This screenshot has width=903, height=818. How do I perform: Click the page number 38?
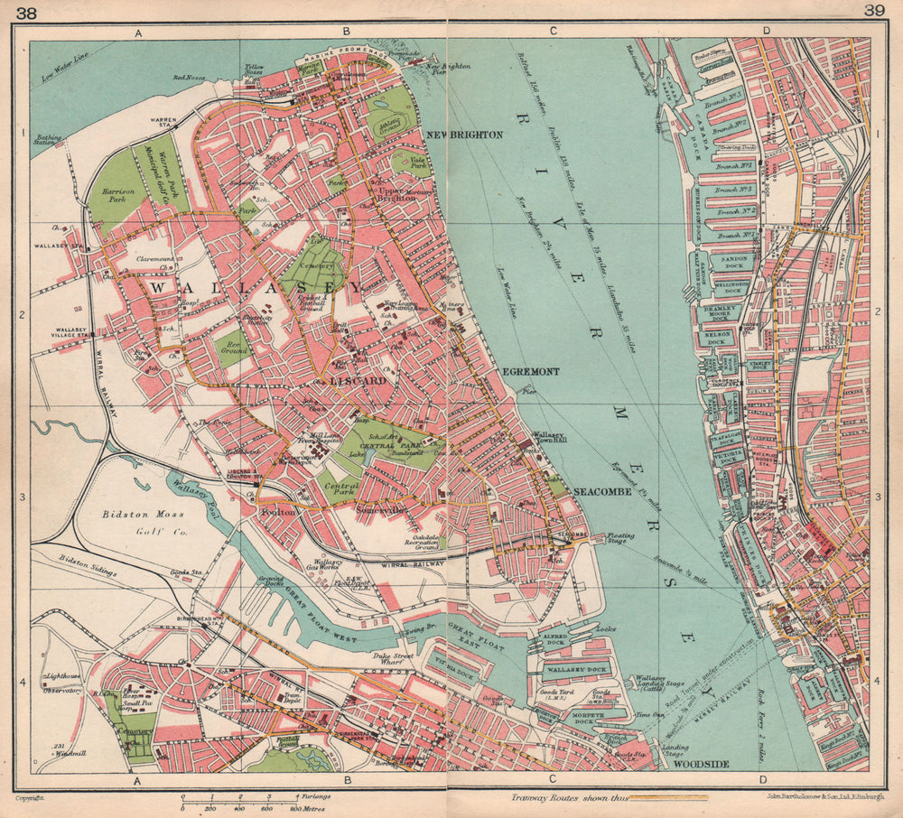tap(15, 11)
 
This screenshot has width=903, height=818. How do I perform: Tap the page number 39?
tap(874, 11)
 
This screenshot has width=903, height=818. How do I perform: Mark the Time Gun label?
tap(649, 714)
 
